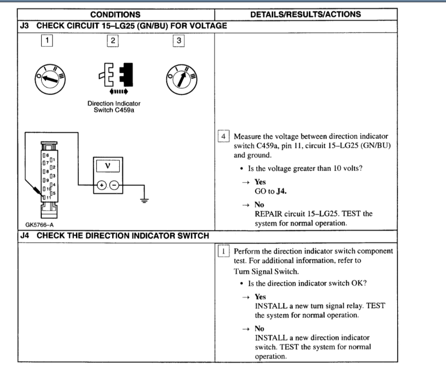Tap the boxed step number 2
113,41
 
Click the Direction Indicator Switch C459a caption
114,107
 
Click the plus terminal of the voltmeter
101,186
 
